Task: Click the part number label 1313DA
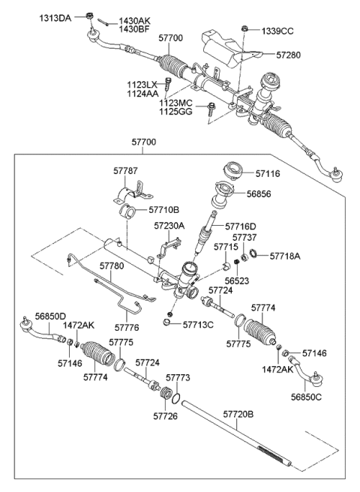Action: point(55,16)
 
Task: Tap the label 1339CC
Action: point(278,31)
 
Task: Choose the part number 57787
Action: point(127,171)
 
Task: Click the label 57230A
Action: point(170,225)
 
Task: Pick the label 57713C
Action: point(199,324)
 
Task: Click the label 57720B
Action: point(239,412)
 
